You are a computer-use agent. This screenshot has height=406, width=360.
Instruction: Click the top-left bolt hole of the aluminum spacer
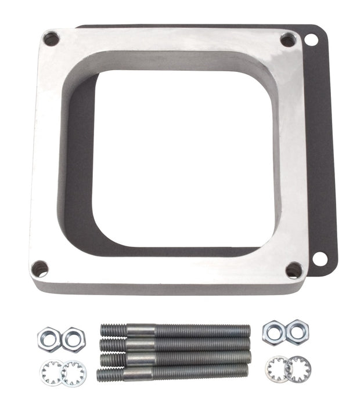51,39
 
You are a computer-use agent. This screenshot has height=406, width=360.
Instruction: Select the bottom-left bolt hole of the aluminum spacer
39,269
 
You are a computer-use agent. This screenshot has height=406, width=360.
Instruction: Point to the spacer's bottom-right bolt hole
294,270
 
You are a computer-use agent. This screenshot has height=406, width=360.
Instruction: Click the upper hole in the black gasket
311,39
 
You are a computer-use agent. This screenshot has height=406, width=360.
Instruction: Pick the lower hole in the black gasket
319,259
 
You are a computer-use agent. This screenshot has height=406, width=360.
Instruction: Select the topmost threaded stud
175,331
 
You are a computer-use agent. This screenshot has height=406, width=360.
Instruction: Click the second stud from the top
175,344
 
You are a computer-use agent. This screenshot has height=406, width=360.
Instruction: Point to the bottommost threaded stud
174,372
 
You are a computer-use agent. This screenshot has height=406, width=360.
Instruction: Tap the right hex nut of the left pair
74,339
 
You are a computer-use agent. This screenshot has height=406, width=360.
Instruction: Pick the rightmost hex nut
297,332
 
